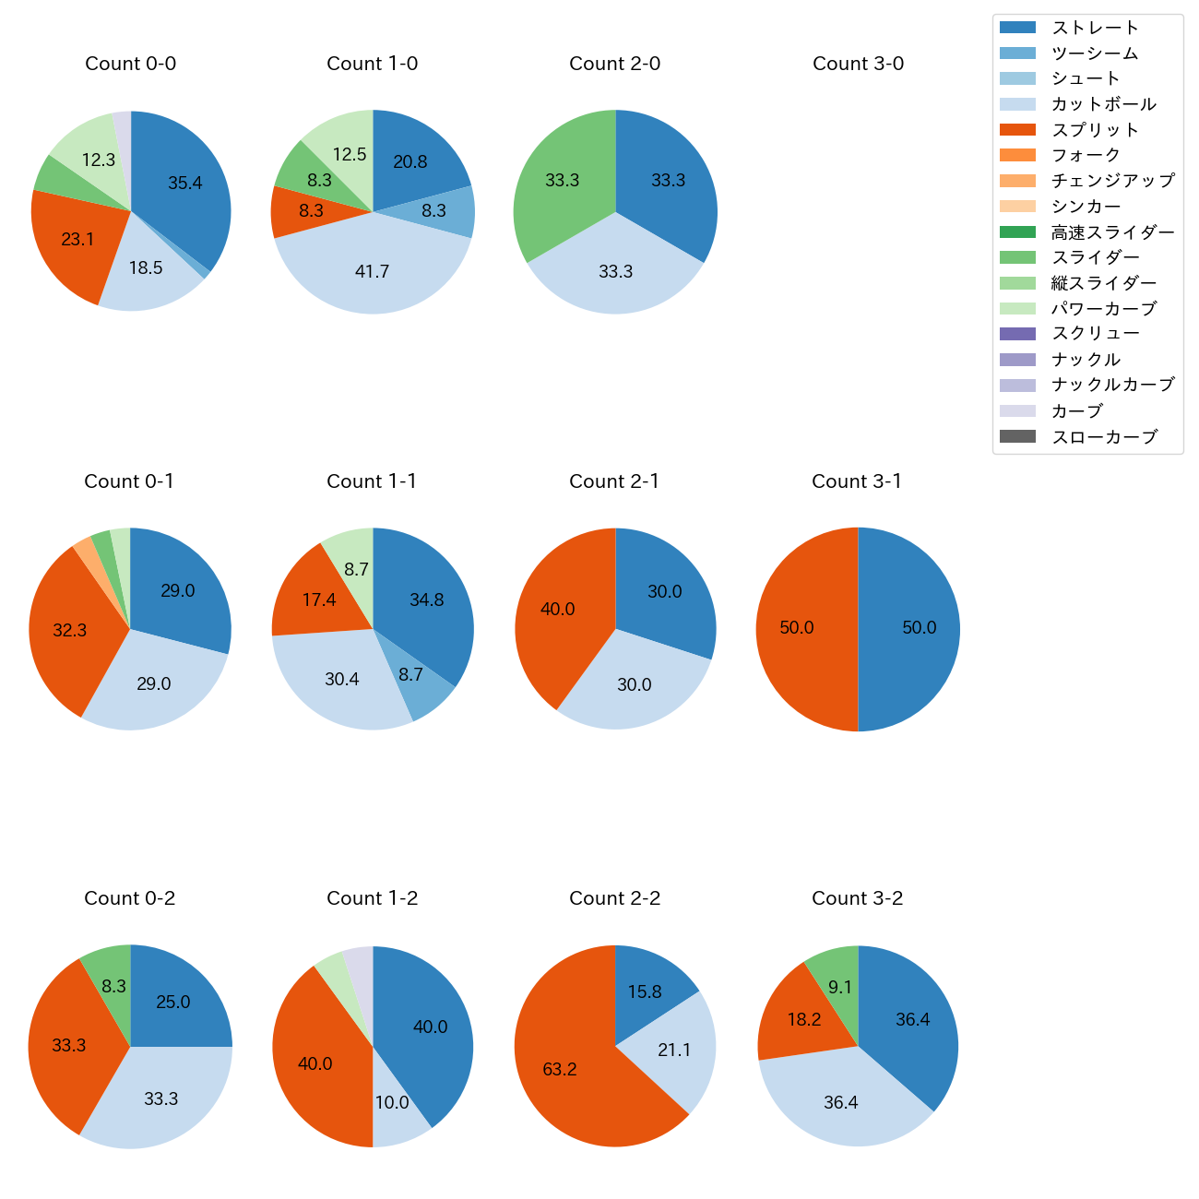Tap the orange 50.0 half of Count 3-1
pyautogui.click(x=802, y=629)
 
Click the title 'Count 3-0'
pyautogui.click(x=858, y=64)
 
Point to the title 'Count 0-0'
pyautogui.click(x=130, y=64)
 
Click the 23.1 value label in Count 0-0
pyautogui.click(x=77, y=240)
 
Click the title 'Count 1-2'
pyautogui.click(x=373, y=898)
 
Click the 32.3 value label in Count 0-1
pyautogui.click(x=70, y=631)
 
